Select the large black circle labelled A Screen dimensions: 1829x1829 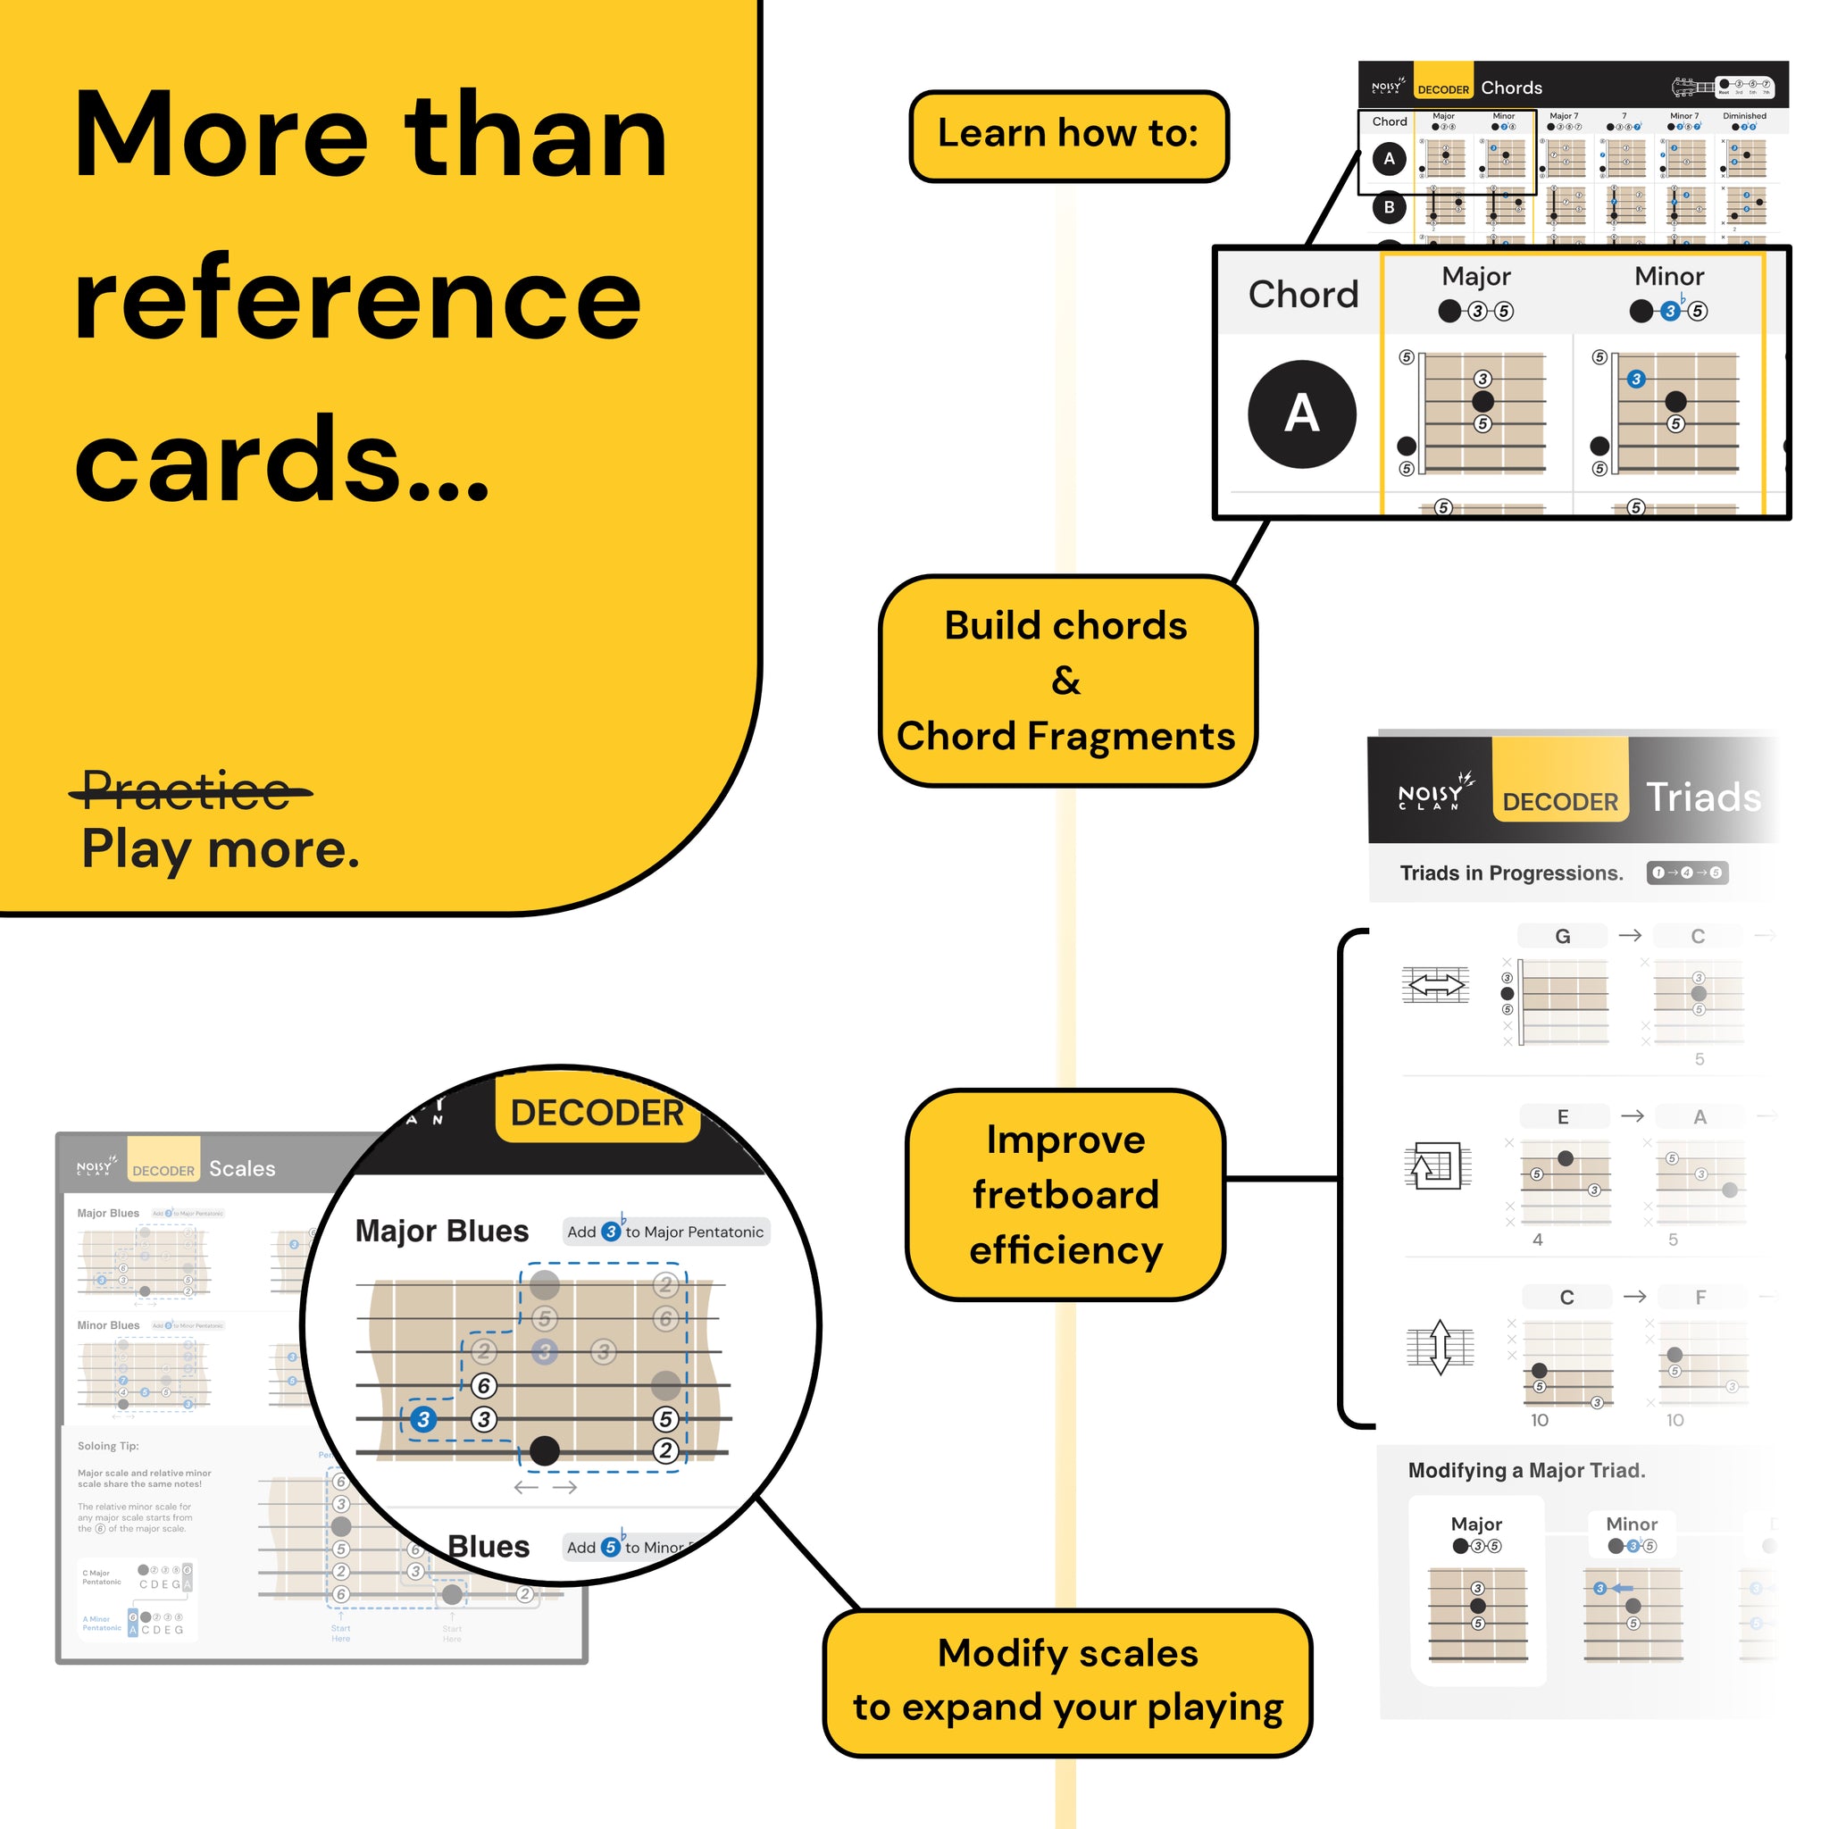1302,413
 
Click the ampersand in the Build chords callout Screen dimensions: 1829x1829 1066,681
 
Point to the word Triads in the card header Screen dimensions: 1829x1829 1703,798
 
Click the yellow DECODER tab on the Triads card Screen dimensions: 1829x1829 1560,801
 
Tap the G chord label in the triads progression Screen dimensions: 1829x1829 1562,936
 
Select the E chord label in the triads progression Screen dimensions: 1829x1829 1563,1117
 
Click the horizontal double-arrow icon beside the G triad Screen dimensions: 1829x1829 1436,986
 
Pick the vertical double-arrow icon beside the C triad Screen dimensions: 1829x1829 1440,1346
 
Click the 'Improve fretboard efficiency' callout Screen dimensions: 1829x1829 1066,1195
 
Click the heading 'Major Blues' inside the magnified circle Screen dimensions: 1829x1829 442,1231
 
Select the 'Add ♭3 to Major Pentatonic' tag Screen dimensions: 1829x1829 665,1232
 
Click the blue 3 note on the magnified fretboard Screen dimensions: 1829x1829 423,1419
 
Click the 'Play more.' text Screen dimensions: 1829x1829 221,849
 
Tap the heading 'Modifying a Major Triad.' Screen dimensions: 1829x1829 1527,1470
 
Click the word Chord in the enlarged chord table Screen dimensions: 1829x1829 1303,295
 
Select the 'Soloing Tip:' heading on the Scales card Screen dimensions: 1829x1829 108,1446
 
